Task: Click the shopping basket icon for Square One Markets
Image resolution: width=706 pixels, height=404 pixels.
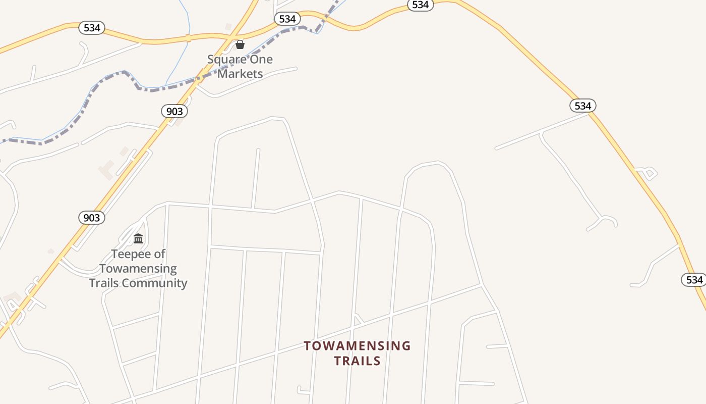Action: click(x=240, y=44)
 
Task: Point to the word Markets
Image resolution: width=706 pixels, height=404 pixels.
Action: click(x=240, y=74)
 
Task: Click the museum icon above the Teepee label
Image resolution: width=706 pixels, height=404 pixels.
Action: click(x=138, y=238)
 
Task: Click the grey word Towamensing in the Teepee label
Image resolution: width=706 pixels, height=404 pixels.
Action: click(x=138, y=269)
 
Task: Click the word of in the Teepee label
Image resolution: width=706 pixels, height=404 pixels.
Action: click(x=160, y=254)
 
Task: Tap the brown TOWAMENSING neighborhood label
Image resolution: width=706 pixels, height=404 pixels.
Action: click(x=357, y=346)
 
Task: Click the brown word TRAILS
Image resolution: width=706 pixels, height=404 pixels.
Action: click(x=357, y=361)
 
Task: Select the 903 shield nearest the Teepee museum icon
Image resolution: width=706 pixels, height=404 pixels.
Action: click(x=92, y=218)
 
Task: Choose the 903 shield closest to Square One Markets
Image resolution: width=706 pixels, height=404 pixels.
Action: click(x=174, y=111)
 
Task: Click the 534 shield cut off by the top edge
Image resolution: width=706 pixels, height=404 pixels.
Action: click(x=420, y=5)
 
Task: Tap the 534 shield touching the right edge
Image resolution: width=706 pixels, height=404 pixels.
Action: click(x=694, y=280)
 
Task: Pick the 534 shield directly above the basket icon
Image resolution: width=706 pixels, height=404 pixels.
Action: click(x=287, y=19)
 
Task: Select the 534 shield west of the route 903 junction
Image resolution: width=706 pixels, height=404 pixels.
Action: click(x=92, y=28)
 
